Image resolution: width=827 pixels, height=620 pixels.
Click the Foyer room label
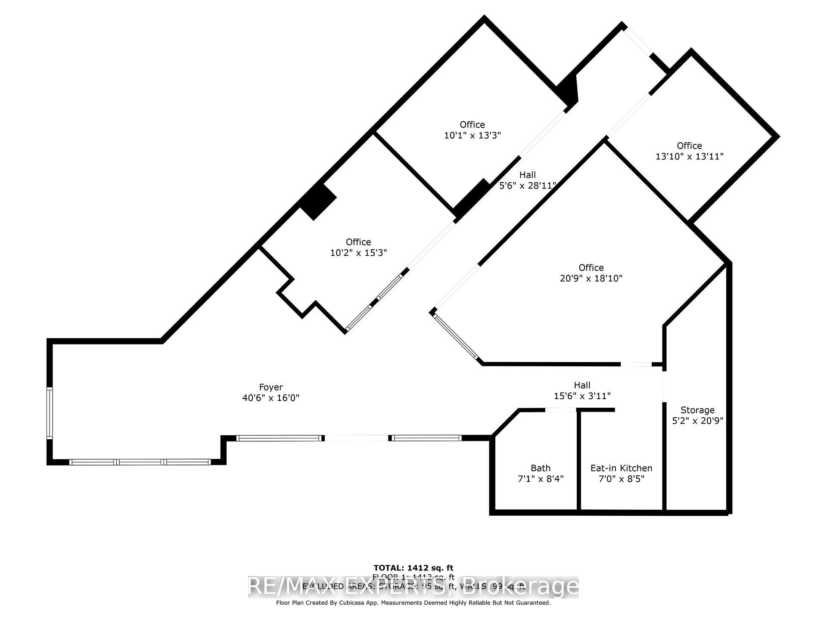click(270, 387)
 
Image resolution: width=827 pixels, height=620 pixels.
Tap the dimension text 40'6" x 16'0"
click(270, 398)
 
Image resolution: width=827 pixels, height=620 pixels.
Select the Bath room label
click(540, 468)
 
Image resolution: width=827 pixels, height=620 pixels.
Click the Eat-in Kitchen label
click(621, 468)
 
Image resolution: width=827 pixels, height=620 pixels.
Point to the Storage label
click(697, 410)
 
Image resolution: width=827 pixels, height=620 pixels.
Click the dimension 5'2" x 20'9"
click(697, 421)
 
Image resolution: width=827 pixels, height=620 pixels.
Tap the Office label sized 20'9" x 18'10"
click(591, 267)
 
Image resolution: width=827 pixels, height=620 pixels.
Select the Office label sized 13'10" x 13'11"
click(689, 146)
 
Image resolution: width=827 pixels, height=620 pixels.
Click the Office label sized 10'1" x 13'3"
click(472, 124)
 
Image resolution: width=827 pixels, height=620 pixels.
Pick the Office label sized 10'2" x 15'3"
click(358, 242)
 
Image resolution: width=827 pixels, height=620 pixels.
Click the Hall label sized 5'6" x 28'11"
click(527, 175)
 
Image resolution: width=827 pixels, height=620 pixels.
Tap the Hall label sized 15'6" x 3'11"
click(582, 385)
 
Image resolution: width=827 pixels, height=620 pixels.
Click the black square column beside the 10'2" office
click(318, 201)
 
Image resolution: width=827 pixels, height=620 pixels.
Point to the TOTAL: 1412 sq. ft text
click(413, 568)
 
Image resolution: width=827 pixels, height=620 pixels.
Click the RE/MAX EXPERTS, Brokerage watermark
click(413, 586)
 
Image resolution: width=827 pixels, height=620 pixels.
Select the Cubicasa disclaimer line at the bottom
click(413, 603)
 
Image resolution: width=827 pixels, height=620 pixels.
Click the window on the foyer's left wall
click(50, 413)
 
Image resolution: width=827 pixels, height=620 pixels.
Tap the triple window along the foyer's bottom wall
click(140, 462)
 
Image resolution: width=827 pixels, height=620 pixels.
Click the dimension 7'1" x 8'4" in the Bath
click(540, 478)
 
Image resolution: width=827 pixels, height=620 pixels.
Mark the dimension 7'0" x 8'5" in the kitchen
click(621, 478)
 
